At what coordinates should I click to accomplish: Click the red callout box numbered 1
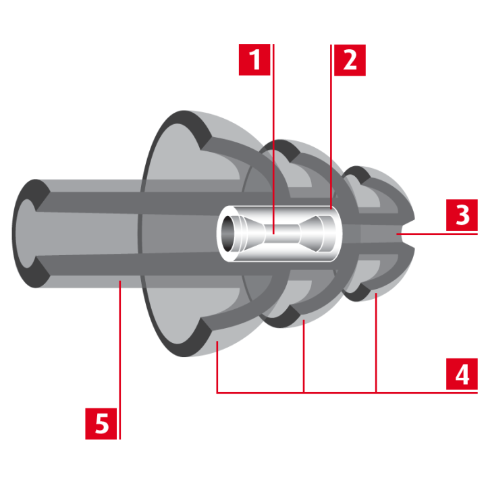254,60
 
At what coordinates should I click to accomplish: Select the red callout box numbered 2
350,60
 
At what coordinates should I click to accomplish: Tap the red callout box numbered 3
462,215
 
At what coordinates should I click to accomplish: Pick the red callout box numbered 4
462,374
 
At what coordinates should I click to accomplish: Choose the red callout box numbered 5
101,424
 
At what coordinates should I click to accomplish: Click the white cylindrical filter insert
279,234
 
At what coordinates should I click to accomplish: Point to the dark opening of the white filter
228,234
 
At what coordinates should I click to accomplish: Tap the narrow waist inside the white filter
282,234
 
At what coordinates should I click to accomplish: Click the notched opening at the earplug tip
406,234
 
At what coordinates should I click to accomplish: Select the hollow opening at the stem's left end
26,234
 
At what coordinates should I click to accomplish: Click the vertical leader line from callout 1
273,139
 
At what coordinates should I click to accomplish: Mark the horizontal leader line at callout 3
437,234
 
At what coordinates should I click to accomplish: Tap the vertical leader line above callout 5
120,360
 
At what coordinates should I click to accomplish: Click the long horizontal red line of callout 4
347,393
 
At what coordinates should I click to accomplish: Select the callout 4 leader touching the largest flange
217,367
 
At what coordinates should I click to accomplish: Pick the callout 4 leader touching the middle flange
304,356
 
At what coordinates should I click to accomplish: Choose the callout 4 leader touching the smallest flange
376,343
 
